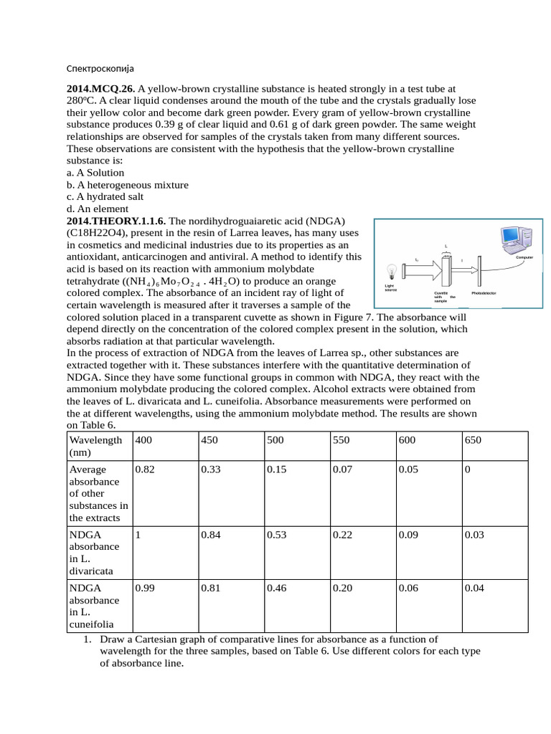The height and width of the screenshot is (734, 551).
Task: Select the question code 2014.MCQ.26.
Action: [100, 89]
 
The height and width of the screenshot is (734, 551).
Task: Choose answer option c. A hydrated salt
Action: [105, 196]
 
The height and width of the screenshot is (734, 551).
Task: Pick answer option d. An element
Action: [95, 209]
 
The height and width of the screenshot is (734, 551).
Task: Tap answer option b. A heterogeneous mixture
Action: [128, 185]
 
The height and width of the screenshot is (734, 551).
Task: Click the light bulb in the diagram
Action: [392, 272]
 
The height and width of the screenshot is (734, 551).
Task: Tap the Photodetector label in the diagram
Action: [486, 293]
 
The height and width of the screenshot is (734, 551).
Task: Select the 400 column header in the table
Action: [143, 440]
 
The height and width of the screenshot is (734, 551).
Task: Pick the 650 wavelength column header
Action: [473, 440]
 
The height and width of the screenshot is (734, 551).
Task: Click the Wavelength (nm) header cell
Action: [95, 446]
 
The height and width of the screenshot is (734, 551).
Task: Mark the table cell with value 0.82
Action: [144, 470]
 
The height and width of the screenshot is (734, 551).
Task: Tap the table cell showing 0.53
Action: [275, 535]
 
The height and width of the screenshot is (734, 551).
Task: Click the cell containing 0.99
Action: [144, 588]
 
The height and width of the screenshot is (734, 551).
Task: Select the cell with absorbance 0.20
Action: [342, 588]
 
